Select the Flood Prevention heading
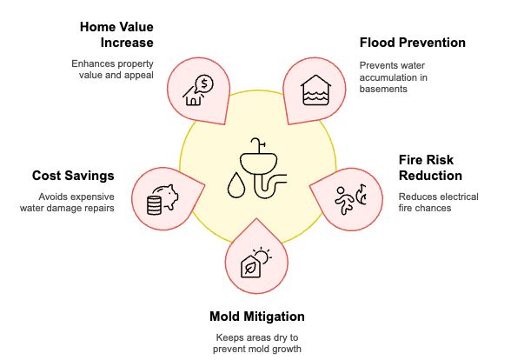412,42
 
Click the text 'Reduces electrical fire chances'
438,203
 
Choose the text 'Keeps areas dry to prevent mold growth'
257,343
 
